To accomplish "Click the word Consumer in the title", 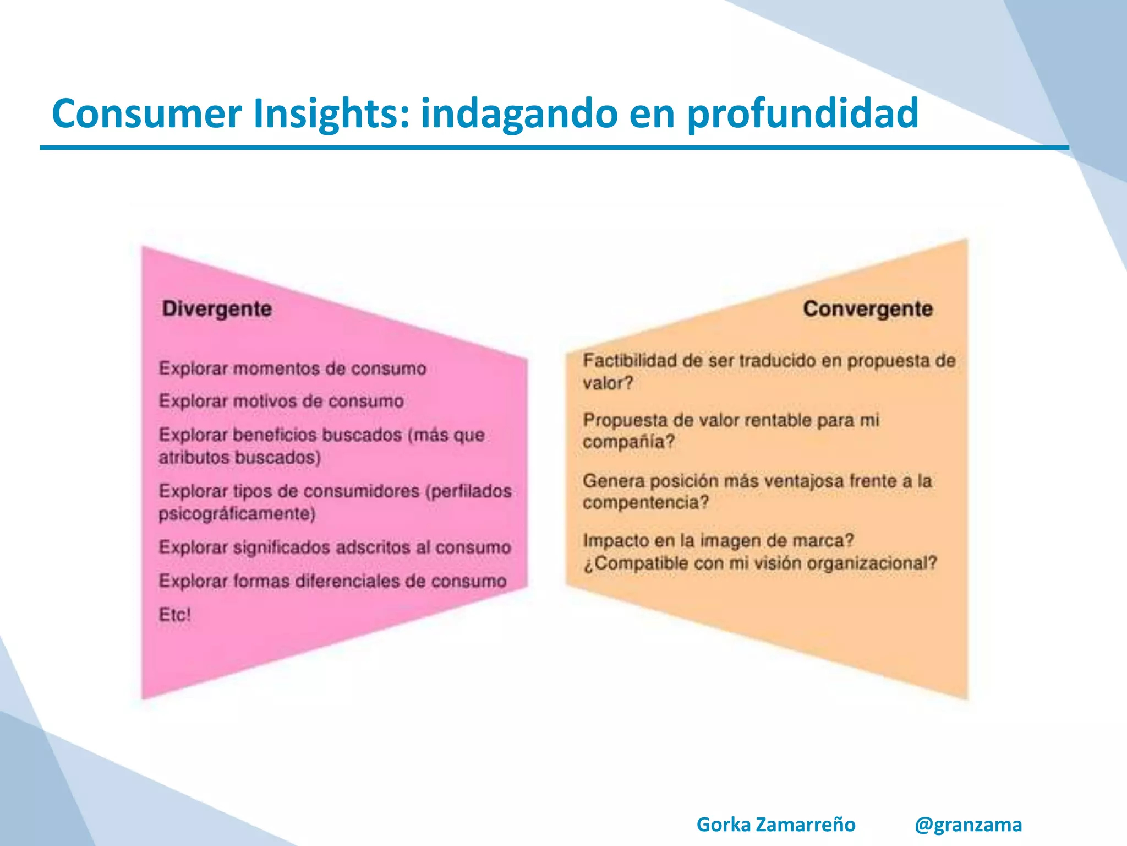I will [146, 113].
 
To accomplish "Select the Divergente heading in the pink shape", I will [217, 309].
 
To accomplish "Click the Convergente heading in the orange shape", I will [867, 309].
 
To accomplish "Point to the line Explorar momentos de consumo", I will [292, 368].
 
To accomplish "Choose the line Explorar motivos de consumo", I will [281, 402].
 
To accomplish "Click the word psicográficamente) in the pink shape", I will [237, 514].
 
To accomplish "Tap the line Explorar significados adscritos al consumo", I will [335, 547].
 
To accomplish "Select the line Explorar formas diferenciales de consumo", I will [332, 581].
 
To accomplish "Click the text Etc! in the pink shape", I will [174, 615].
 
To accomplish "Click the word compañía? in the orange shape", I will [628, 442].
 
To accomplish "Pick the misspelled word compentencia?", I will [645, 503].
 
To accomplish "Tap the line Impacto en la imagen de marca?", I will [718, 540].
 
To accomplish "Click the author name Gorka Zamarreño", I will [776, 825].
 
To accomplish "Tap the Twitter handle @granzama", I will [968, 825].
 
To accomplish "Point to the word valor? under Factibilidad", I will [608, 383].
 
